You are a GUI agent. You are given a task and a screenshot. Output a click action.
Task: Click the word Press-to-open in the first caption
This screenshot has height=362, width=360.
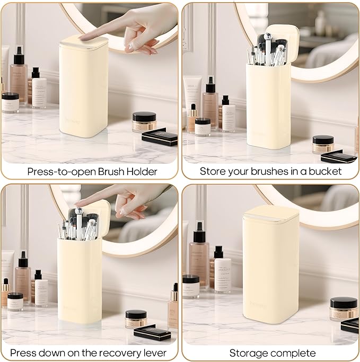click(60, 171)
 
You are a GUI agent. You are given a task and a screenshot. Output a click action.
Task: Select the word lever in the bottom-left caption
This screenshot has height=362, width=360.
click(154, 352)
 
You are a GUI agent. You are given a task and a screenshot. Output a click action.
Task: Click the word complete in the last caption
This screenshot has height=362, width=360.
click(293, 352)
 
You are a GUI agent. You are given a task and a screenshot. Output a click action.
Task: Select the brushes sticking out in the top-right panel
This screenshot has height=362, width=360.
click(268, 50)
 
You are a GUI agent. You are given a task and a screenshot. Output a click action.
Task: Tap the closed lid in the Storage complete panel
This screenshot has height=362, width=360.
click(270, 213)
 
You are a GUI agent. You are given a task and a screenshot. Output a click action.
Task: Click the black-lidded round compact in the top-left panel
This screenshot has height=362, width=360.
click(144, 121)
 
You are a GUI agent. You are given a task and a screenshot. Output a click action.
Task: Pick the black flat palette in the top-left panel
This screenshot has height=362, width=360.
click(160, 137)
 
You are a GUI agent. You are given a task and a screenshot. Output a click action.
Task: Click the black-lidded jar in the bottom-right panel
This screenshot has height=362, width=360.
click(343, 307)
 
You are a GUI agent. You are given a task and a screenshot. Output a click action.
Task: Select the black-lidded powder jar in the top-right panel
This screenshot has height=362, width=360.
click(323, 144)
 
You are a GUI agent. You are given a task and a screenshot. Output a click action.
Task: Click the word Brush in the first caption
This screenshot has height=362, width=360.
click(113, 171)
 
